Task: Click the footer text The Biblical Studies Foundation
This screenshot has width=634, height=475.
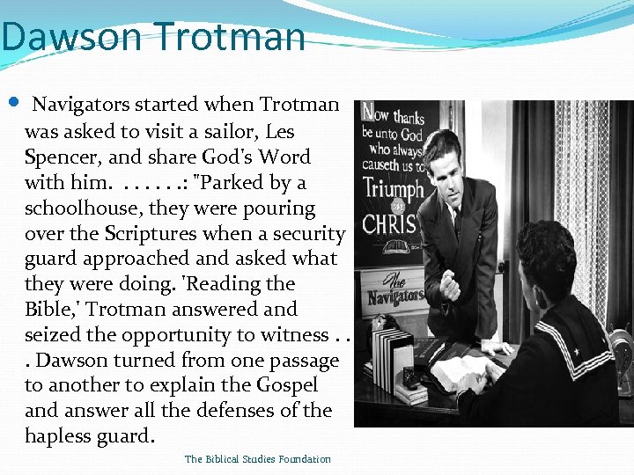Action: pos(258,459)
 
